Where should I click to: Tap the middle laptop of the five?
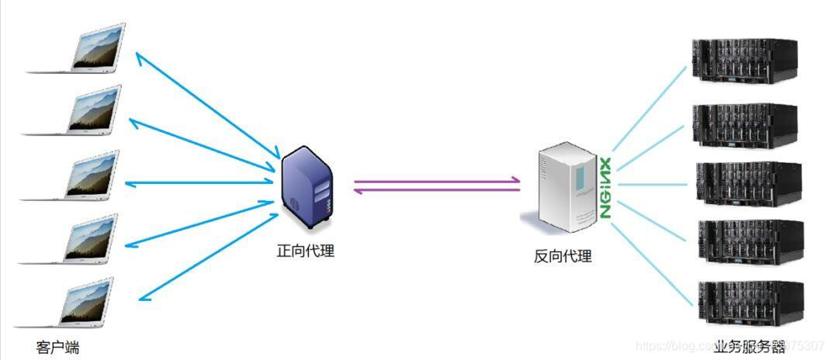(85, 177)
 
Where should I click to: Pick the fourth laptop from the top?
(85, 240)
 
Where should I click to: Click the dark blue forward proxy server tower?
(308, 188)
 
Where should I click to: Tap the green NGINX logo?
(606, 188)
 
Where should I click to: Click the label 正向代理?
(306, 251)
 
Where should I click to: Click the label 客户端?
(57, 347)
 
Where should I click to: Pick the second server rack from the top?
(744, 123)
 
